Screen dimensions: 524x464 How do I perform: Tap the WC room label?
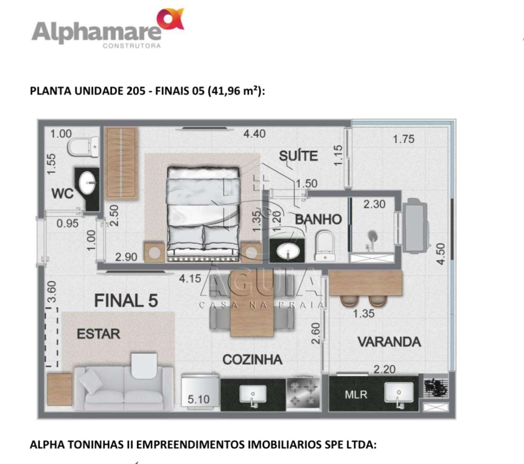click(x=62, y=193)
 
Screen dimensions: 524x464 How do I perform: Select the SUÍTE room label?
click(x=298, y=156)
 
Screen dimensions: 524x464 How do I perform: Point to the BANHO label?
click(x=318, y=220)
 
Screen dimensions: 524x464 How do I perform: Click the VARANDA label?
click(x=389, y=342)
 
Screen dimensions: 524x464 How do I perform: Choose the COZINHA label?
click(x=252, y=359)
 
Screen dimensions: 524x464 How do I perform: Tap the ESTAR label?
click(x=99, y=334)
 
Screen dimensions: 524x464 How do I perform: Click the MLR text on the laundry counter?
click(x=356, y=394)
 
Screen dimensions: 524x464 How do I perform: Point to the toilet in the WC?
click(x=83, y=147)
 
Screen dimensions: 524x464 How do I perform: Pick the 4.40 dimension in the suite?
click(x=254, y=134)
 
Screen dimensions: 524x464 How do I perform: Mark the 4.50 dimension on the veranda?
click(x=441, y=254)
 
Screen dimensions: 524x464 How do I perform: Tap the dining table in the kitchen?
click(x=252, y=305)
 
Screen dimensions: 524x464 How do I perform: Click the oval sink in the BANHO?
click(x=288, y=251)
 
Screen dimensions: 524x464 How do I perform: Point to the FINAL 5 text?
click(x=126, y=300)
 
